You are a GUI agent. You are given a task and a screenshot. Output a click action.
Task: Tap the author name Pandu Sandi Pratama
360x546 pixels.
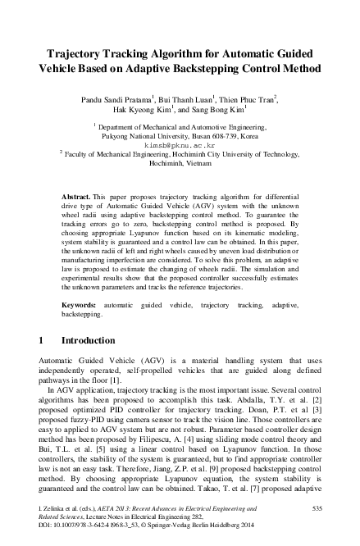[x=139, y=98]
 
